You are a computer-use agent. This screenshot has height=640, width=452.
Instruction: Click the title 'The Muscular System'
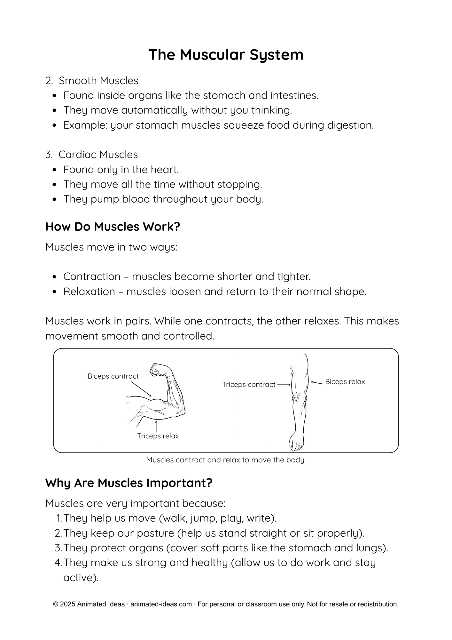[x=226, y=55]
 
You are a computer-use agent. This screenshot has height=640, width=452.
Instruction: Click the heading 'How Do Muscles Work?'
[x=113, y=227]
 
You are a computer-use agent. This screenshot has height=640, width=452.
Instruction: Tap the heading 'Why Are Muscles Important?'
[x=129, y=483]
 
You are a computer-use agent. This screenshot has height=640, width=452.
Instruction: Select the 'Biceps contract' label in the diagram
[x=113, y=376]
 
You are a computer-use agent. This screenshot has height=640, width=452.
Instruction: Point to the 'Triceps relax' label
[x=158, y=436]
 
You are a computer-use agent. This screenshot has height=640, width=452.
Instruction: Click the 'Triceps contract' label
[x=249, y=385]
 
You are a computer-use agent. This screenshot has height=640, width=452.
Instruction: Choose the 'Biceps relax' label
[x=345, y=382]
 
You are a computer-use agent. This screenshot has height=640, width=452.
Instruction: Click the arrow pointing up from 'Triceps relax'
[x=156, y=427]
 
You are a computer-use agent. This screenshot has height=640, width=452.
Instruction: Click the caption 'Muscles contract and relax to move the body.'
[x=226, y=460]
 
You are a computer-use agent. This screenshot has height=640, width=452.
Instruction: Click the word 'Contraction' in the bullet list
[x=92, y=276]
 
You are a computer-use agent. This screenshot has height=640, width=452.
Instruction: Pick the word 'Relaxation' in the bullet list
[x=89, y=292]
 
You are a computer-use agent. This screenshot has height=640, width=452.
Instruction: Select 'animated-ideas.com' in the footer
[x=161, y=604]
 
